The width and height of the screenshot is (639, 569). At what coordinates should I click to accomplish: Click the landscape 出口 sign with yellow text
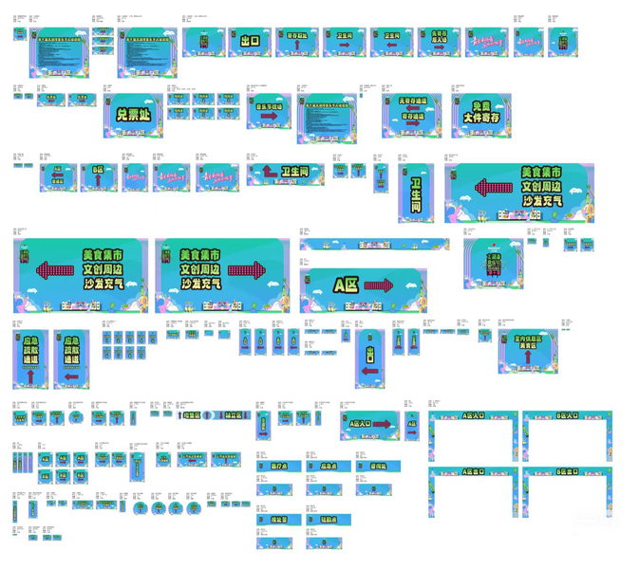(x=250, y=41)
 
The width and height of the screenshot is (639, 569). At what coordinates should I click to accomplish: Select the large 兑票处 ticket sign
(x=133, y=114)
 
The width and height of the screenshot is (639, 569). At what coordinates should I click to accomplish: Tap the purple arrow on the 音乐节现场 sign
(x=270, y=117)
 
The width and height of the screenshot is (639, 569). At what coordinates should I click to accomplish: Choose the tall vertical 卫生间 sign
(x=416, y=193)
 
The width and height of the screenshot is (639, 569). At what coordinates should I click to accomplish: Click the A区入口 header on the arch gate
(x=473, y=415)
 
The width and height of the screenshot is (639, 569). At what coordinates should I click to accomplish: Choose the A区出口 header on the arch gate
(x=473, y=471)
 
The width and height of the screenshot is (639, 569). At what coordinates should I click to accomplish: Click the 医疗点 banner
(x=279, y=467)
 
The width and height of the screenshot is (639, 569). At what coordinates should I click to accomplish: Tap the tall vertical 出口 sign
(x=370, y=358)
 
